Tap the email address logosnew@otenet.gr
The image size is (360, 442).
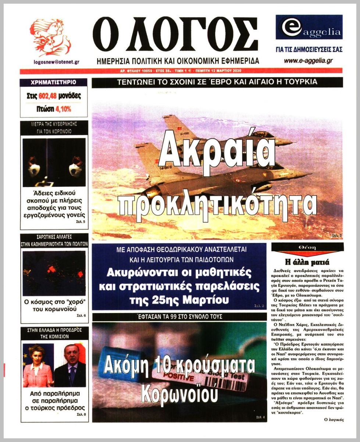coord(56,62)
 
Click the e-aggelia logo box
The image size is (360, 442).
coord(309,28)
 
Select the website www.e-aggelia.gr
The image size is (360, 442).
coord(308,61)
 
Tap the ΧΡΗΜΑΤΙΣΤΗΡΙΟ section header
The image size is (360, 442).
coord(54,82)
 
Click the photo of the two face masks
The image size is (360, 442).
coord(54,162)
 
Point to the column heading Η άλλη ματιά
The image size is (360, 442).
coord(307,262)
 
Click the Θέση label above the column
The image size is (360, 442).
coord(307,248)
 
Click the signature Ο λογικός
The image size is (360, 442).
coord(334,419)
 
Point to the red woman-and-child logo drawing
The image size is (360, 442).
coord(50,38)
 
